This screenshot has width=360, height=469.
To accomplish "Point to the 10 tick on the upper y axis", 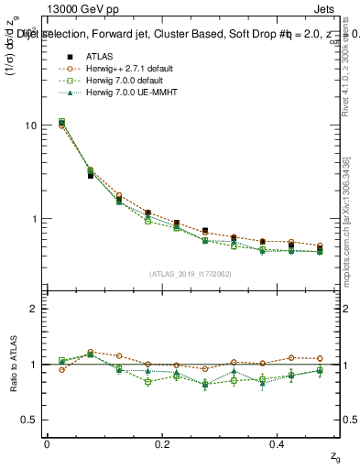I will tap(31, 125).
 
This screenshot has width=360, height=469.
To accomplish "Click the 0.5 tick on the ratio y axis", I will tap(29, 420).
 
